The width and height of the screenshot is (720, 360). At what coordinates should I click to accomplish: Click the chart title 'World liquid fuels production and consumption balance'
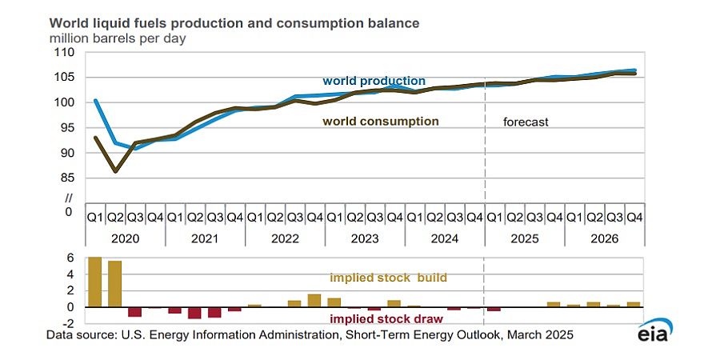[234, 23]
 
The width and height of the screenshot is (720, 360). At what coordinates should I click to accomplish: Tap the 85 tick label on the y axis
[65, 178]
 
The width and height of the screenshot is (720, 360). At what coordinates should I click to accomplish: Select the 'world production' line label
[374, 81]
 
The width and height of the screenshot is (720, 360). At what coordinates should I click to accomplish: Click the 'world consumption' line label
[381, 122]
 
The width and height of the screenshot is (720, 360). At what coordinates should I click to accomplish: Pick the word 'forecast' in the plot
[526, 122]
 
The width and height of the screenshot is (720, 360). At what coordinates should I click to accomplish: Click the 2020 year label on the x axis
[126, 238]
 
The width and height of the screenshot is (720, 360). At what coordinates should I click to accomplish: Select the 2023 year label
[365, 238]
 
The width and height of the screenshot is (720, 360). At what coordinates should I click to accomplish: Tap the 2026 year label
[605, 238]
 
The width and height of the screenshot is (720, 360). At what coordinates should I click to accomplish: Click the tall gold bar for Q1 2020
[95, 282]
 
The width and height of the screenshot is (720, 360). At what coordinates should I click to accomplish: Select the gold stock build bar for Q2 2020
[114, 284]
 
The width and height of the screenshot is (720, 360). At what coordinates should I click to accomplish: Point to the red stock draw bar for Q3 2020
[134, 312]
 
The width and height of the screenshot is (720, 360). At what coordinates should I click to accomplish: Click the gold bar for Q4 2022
[314, 300]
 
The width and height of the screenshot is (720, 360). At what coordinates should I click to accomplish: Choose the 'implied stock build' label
[388, 278]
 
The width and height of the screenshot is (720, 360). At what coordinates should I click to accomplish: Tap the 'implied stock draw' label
[386, 318]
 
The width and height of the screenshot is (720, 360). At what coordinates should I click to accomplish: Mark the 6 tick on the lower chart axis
[70, 258]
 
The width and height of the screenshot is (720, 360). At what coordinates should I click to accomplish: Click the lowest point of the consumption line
[115, 171]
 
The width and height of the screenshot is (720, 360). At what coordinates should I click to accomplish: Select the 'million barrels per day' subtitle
[118, 38]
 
